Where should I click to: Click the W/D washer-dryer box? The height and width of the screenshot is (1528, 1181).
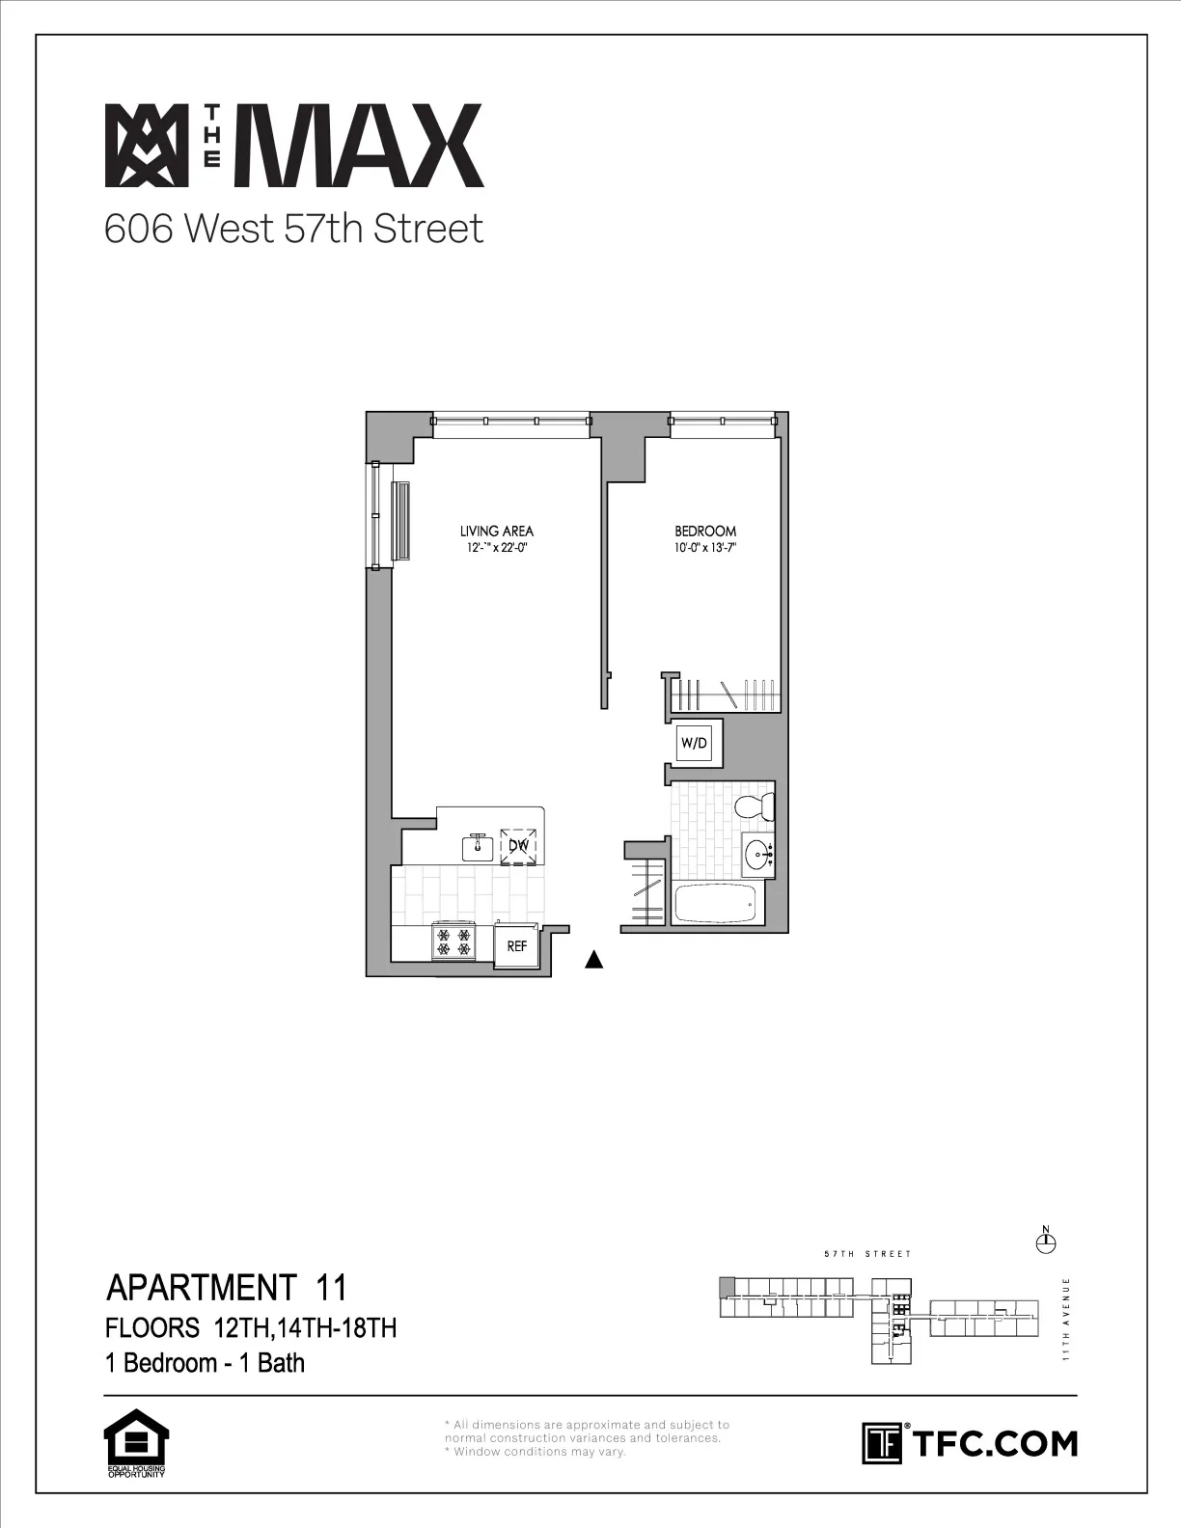pyautogui.click(x=694, y=742)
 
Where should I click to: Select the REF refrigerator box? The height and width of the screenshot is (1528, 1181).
pyautogui.click(x=517, y=946)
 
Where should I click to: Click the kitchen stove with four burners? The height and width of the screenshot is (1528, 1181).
pyautogui.click(x=453, y=942)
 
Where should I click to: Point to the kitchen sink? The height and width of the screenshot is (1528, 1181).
pyautogui.click(x=477, y=846)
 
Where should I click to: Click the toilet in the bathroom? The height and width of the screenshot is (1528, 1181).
pyautogui.click(x=755, y=805)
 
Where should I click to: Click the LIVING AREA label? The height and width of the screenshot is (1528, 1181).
pyautogui.click(x=496, y=531)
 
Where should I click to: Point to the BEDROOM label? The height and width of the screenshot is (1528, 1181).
pyautogui.click(x=704, y=531)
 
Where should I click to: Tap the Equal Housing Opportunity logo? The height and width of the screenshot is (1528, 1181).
pyautogui.click(x=136, y=1444)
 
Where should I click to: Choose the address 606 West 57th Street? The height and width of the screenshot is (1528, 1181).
pyautogui.click(x=293, y=230)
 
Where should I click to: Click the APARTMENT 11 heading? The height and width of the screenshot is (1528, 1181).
pyautogui.click(x=226, y=1287)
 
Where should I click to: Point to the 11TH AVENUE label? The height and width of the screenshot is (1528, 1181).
pyautogui.click(x=1066, y=1320)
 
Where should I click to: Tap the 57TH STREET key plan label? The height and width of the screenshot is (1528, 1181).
pyautogui.click(x=867, y=1254)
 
